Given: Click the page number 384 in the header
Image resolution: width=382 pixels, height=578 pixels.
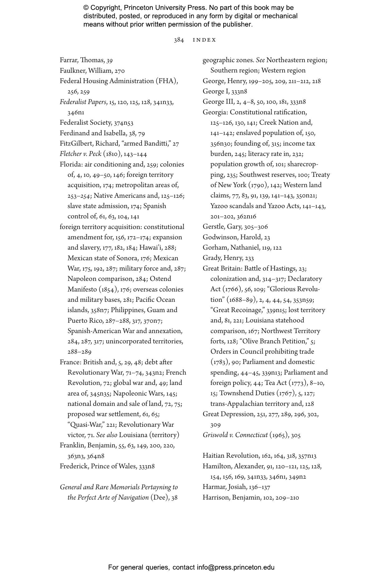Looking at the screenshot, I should (179, 40).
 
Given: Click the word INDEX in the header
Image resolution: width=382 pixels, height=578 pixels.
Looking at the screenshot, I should (204, 40).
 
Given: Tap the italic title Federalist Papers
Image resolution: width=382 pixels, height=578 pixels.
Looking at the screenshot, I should (83, 102).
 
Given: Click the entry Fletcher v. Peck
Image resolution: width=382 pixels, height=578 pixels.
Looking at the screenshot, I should (80, 154).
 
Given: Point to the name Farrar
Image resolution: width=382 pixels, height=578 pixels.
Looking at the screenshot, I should (69, 60).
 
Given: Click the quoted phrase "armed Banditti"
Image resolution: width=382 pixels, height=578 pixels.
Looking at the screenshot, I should (148, 144).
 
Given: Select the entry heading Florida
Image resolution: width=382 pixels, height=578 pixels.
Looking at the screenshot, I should (70, 165).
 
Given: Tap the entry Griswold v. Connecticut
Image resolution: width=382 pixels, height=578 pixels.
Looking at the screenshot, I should (235, 435).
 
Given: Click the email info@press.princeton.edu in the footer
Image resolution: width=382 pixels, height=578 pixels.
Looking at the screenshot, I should (235, 567).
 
